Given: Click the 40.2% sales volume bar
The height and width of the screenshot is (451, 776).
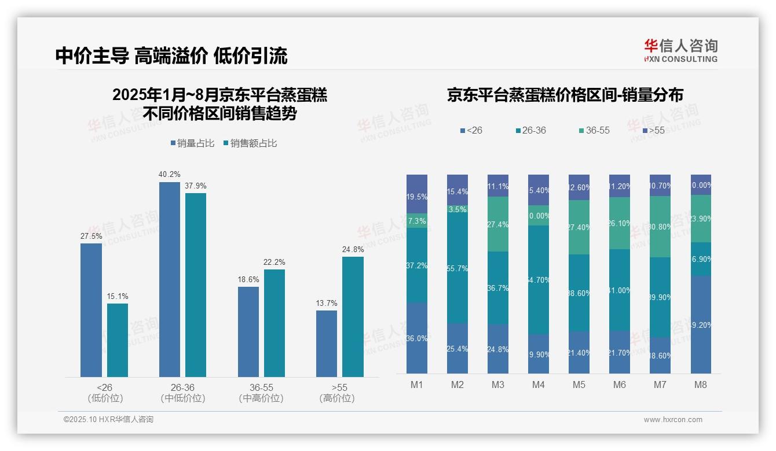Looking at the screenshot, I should (169, 279).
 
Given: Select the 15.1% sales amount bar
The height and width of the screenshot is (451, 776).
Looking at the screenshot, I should (117, 340).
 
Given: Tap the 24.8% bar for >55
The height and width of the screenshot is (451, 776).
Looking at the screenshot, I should (353, 317).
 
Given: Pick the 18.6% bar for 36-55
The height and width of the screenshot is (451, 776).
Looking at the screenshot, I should (248, 332).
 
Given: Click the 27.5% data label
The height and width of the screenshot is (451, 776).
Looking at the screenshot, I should (91, 236).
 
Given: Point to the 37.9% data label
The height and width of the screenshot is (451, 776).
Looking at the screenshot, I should (195, 186).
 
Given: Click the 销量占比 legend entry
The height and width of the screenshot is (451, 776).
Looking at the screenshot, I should (193, 143).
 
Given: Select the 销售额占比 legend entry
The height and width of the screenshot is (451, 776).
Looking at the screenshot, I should (250, 143).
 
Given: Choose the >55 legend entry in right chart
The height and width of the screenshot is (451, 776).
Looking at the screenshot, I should (653, 131).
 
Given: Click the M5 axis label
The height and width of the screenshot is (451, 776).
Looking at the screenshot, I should (579, 385).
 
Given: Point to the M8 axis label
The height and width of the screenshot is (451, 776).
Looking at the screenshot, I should (700, 385).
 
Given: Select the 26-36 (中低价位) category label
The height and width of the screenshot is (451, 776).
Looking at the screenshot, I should (182, 393).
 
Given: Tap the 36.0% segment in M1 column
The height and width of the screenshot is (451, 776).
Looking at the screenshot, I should (416, 338).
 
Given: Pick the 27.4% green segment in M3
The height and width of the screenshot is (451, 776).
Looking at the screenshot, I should (498, 224).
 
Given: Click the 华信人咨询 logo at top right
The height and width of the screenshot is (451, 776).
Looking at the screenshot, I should (680, 50).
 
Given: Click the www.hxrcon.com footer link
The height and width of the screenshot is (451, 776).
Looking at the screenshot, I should (673, 420).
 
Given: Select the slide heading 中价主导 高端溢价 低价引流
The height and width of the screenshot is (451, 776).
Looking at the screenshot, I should (171, 56).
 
